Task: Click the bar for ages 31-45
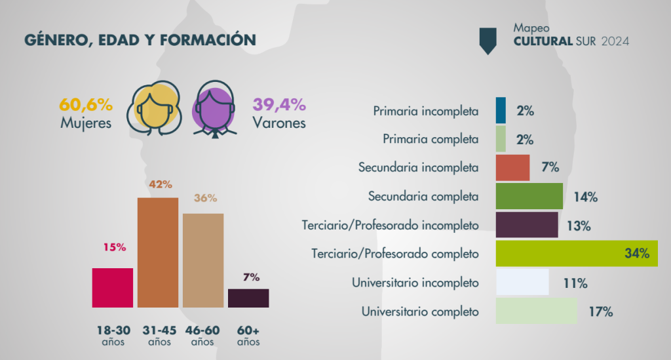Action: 157,252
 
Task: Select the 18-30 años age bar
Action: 113,287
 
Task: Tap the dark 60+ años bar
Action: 248,298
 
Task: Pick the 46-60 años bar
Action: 203,260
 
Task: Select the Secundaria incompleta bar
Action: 512,167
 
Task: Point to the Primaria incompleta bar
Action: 501,110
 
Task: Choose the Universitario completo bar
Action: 537,311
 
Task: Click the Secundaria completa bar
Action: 529,196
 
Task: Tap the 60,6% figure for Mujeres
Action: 86,104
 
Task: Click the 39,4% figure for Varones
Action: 278,104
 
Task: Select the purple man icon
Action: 214,108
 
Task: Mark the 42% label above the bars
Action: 157,185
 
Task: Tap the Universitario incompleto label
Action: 415,283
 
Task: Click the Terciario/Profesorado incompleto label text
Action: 390,225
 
